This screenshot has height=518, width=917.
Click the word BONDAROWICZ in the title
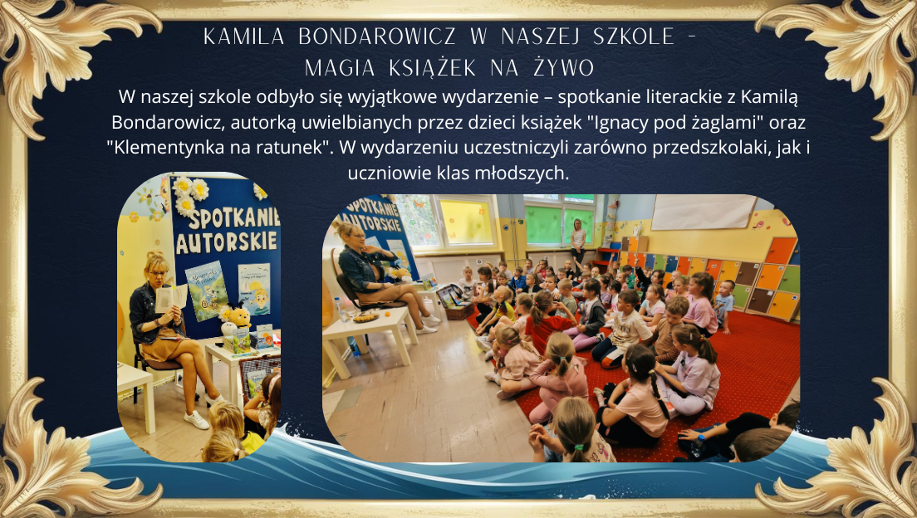pos(376,37)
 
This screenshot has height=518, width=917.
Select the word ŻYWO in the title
pos(563,68)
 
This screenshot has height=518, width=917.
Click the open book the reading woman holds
pos(171,297)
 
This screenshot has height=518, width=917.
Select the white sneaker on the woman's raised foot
pos(196,419)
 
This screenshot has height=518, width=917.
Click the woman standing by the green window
pos(578,241)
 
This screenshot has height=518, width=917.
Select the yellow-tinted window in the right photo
pos(467,222)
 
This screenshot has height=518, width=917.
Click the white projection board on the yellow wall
pos(704,212)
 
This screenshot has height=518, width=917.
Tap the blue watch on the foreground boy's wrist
pos(700,437)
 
